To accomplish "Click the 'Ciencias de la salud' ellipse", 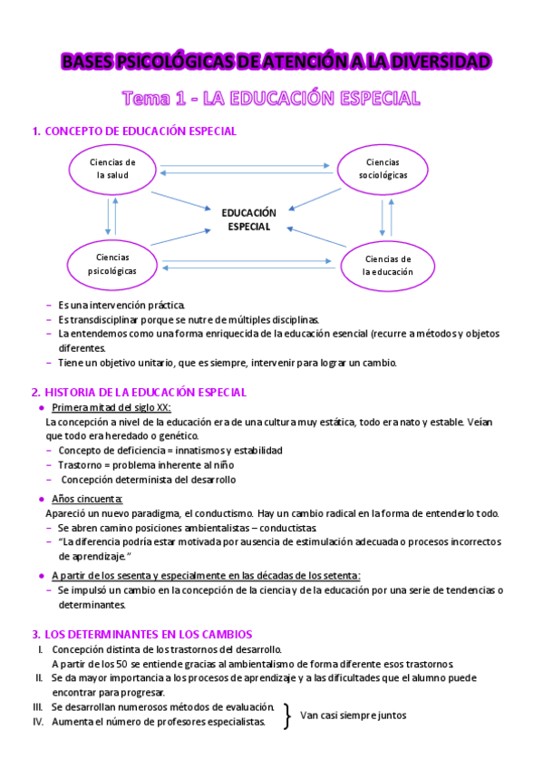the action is coord(112,169).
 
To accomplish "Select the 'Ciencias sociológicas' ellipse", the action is coord(383,169).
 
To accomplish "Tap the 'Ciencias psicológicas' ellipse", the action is coord(112,263).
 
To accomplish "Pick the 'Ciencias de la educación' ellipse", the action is coord(387,265).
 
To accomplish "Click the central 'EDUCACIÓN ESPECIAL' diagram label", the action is coord(248,219).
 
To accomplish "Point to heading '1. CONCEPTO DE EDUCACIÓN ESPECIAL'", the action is coord(133,131).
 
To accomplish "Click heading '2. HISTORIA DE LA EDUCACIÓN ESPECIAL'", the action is coord(138,392).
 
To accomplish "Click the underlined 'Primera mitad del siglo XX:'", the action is coord(118,408).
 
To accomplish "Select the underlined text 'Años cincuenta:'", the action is coord(88,499).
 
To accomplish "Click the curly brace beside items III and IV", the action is coord(287,715).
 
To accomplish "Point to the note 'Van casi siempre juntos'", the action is coord(354,715).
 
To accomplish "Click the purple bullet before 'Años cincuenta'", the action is coord(43,499).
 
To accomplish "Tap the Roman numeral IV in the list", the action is coord(38,722).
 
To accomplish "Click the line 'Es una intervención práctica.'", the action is coord(121,305).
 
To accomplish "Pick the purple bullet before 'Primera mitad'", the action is coord(43,408).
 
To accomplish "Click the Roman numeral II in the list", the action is coord(39,677).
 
